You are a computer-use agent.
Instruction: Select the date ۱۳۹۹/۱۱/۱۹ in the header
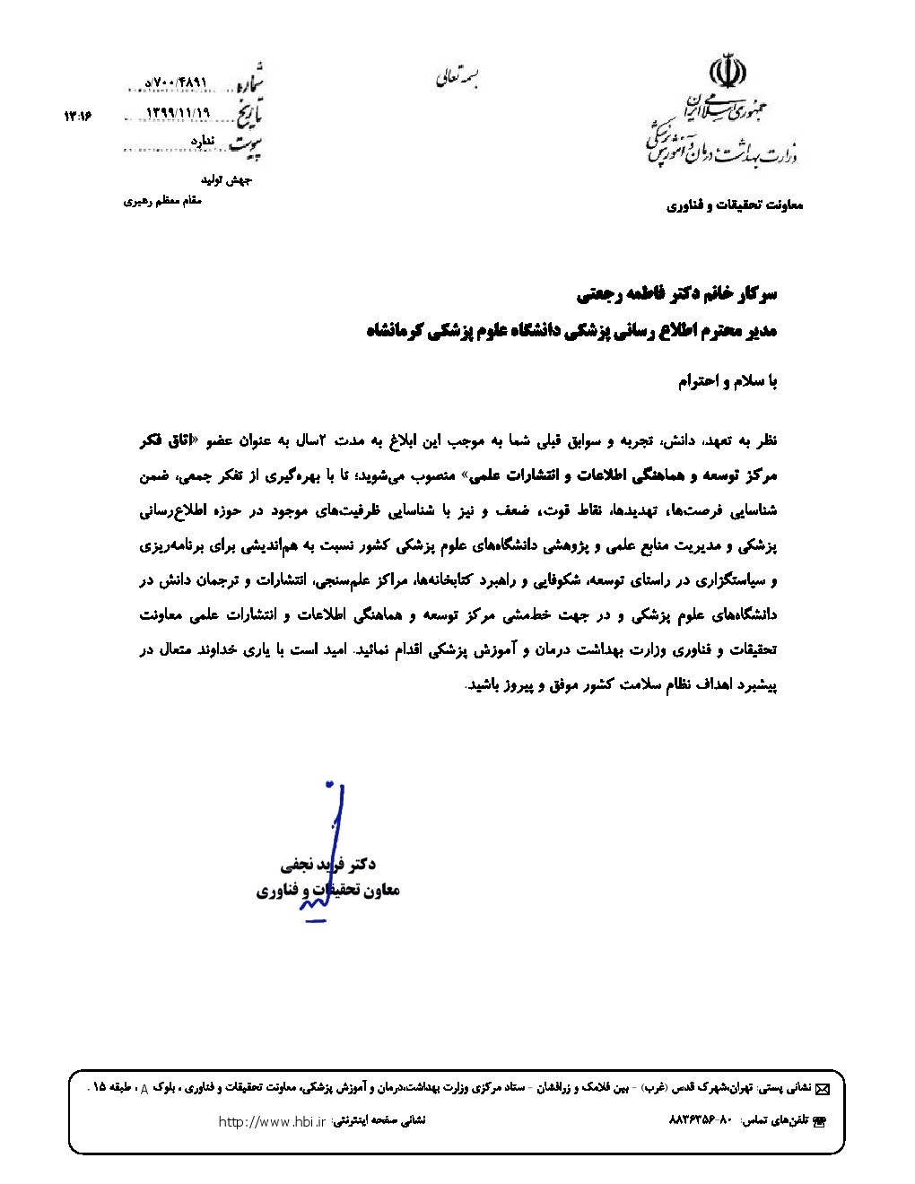point(176,113)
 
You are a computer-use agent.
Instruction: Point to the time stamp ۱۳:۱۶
point(79,115)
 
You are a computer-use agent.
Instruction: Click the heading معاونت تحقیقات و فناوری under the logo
point(735,205)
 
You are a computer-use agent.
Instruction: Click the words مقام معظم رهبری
point(163,201)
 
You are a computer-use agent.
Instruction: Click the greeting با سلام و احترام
point(728,381)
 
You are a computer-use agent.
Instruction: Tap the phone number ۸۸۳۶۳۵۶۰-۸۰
point(701,1121)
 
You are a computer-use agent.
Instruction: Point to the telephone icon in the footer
point(817,1122)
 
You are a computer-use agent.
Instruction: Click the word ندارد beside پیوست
point(204,142)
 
